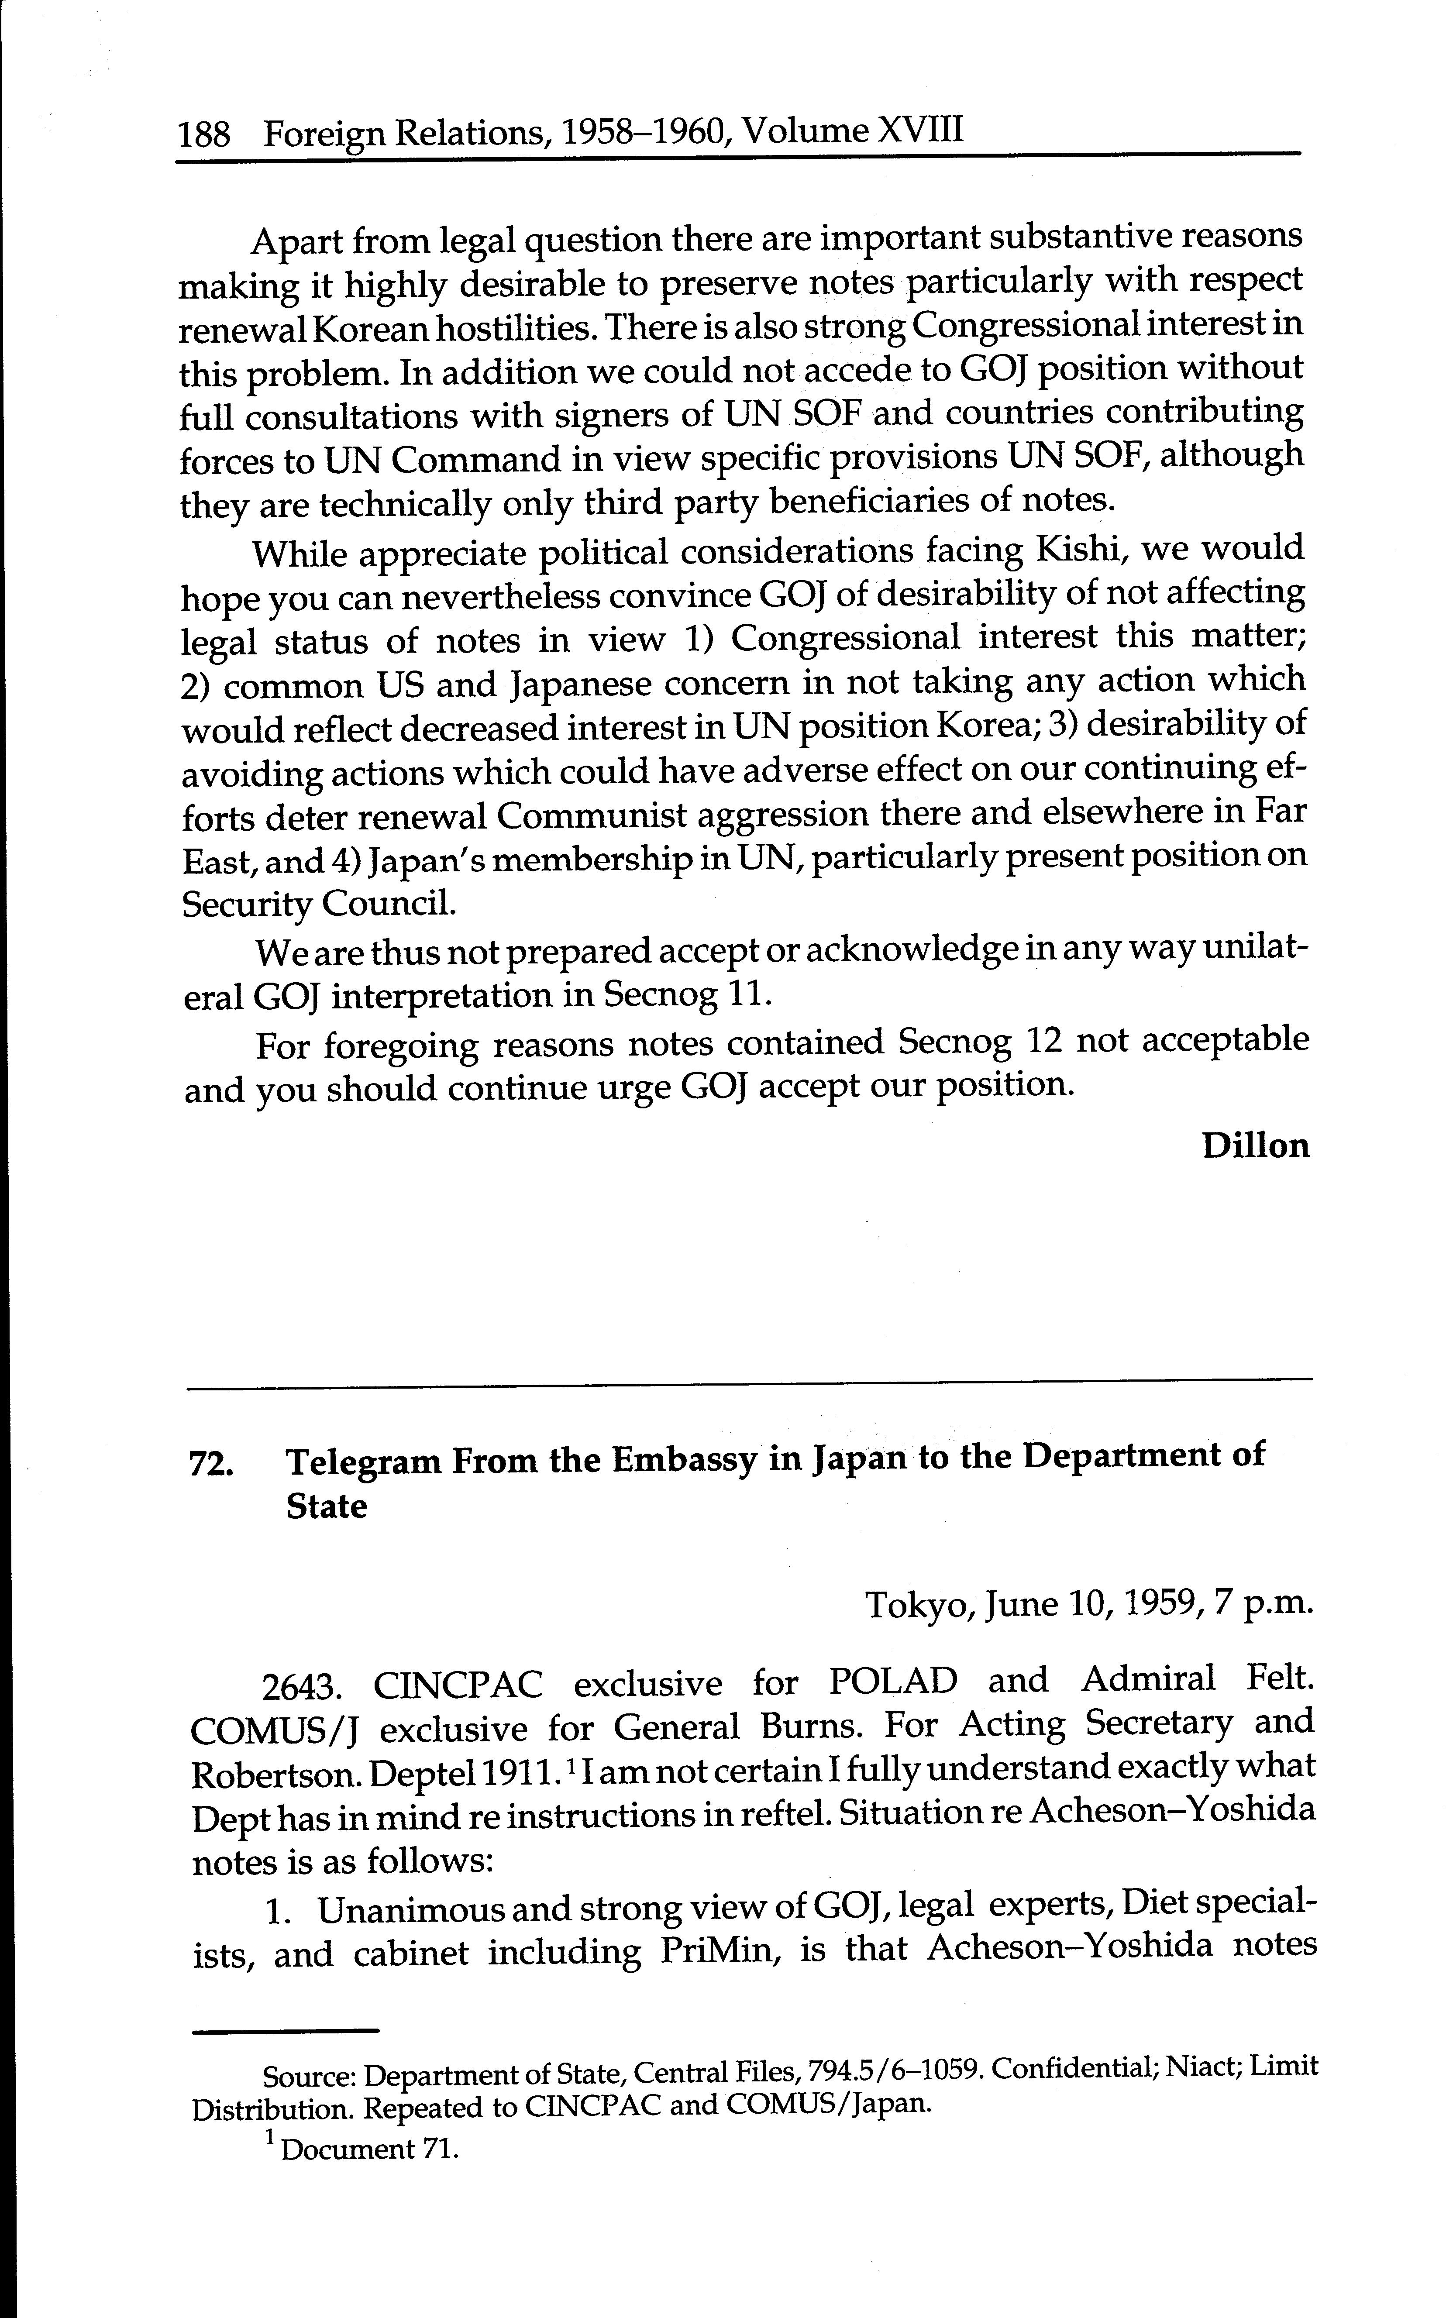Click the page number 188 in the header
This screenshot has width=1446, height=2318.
(205, 135)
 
